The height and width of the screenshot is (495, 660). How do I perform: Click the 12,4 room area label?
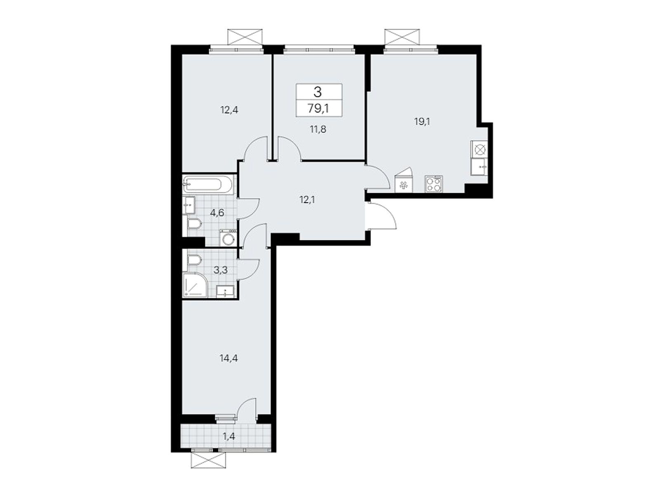click(229, 110)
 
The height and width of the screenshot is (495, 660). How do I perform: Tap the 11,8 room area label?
click(318, 130)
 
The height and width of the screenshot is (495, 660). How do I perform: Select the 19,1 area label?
click(422, 122)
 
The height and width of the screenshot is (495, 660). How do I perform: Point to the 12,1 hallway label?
click(307, 200)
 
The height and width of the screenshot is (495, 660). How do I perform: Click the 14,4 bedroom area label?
click(229, 358)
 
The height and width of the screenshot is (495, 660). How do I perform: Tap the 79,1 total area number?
click(318, 108)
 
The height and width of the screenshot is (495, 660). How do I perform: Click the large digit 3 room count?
click(318, 92)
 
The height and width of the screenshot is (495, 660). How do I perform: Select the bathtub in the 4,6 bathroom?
click(207, 184)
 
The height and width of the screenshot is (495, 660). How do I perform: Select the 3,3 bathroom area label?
click(220, 270)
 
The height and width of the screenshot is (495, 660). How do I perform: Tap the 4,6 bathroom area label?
click(217, 213)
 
